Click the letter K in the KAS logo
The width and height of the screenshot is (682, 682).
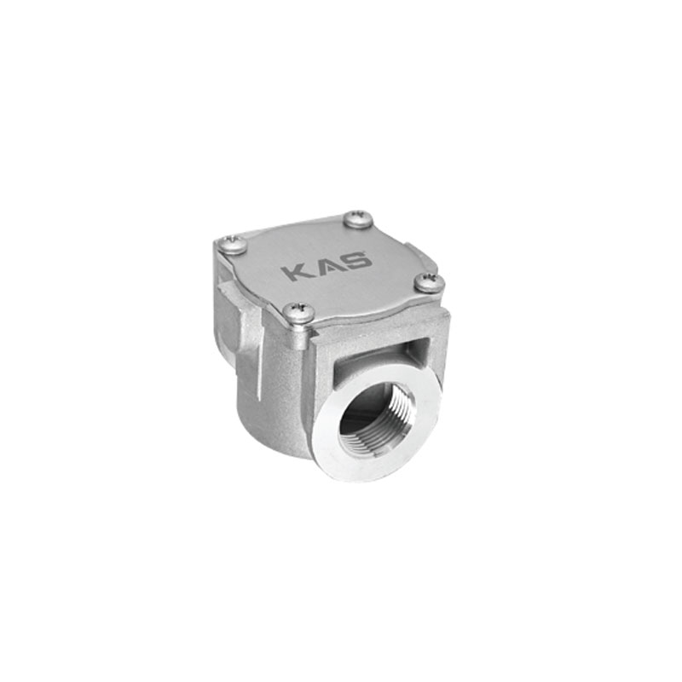tap(295, 272)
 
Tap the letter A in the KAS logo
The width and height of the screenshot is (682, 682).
tap(323, 267)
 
